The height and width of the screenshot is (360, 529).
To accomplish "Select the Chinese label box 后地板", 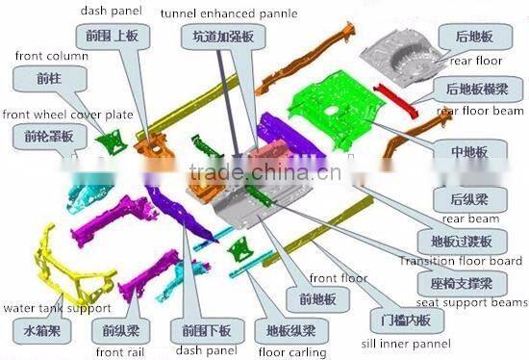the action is pos(475,37).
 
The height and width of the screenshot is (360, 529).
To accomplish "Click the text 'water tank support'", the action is pos(56,308).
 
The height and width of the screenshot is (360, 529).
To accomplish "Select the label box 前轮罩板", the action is pos(42,138).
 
